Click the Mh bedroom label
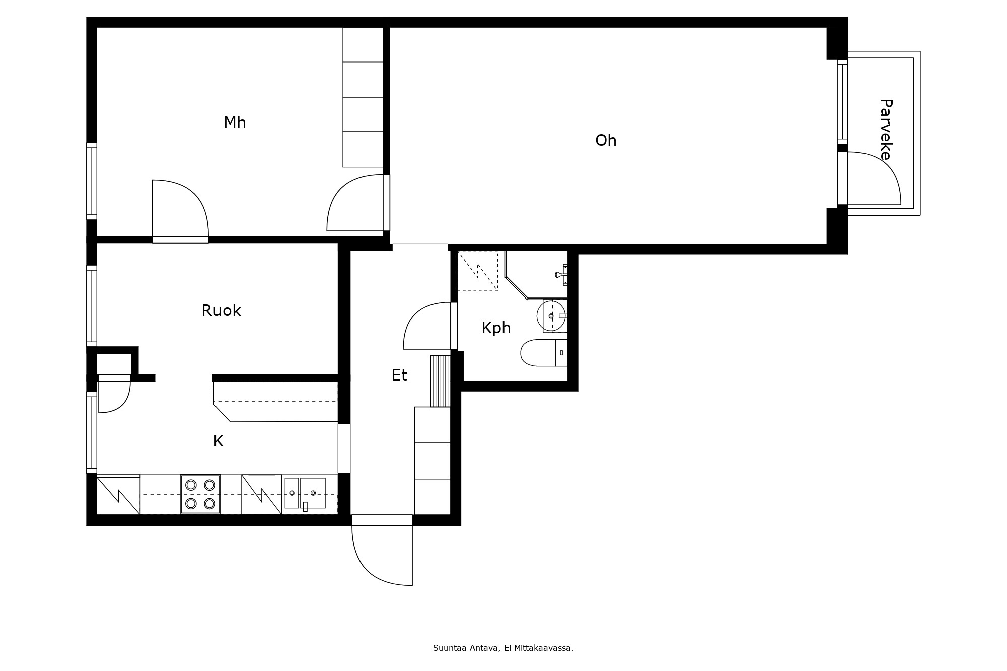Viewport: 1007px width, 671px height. pos(235,122)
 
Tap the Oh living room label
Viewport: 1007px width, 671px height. pos(606,140)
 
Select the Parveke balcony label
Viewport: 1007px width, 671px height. pos(886,129)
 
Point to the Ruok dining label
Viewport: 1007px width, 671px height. pos(221,310)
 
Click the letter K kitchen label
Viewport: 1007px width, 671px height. pos(218,441)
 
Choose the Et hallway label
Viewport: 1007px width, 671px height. pos(399,375)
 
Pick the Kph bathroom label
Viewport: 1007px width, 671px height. pos(496,328)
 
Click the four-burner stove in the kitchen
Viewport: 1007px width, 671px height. pos(200,494)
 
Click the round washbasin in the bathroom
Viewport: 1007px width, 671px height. pos(552,316)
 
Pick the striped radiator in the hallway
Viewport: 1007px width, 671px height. pos(440,381)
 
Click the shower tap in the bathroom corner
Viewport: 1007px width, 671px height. pos(560,274)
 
